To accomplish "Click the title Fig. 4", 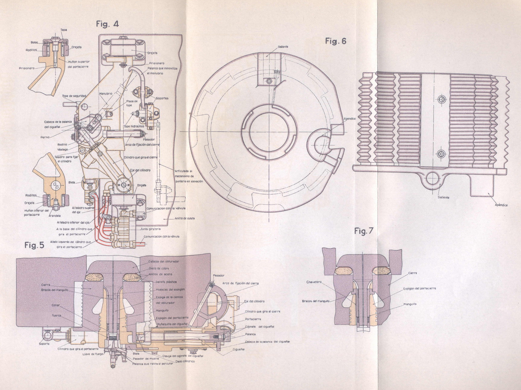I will point(107,24).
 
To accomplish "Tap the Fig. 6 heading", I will point(336,41).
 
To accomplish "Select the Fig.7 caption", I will point(364,231).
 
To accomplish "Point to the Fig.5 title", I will point(34,245).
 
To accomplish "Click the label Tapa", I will point(64,30).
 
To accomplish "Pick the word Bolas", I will point(34,43).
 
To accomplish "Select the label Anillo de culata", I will point(184,218).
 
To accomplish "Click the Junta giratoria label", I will point(150,229).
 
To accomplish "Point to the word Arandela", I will point(55,216).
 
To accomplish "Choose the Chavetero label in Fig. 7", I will point(314,282).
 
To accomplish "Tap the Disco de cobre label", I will point(159,268).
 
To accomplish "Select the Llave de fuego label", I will point(93,354).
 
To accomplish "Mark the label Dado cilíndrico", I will point(185,361).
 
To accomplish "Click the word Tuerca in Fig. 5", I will point(56,315).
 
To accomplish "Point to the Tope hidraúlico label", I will point(134,127).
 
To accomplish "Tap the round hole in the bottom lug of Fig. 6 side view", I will point(434,178).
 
